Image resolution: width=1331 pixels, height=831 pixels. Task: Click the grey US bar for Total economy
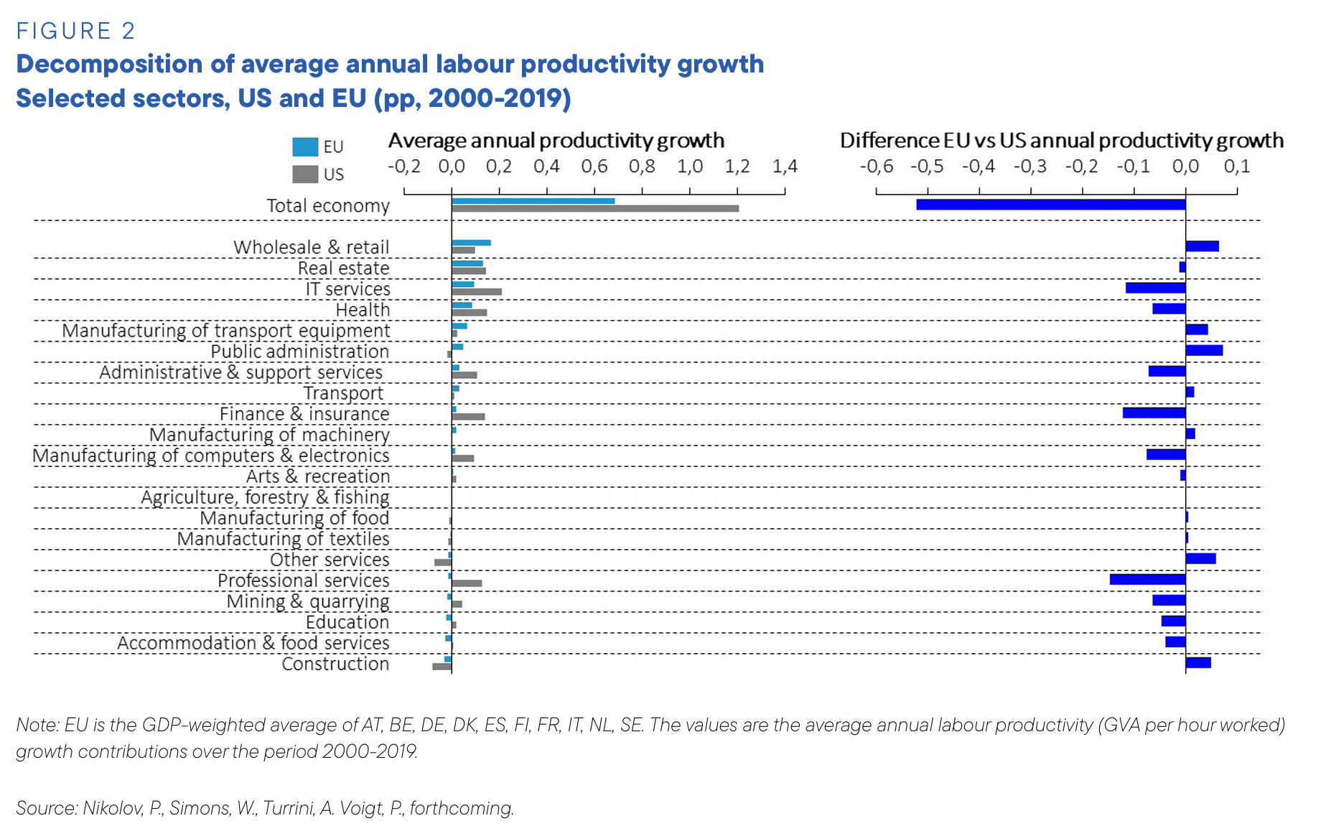(x=594, y=209)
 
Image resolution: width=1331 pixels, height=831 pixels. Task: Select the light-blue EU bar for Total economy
(x=533, y=201)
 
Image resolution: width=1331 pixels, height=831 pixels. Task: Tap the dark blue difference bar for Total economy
(x=1050, y=205)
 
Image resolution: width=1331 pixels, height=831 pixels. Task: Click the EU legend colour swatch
(x=305, y=147)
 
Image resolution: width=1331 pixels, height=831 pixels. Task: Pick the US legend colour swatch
(x=305, y=174)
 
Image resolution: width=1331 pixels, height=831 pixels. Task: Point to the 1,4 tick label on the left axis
(x=785, y=166)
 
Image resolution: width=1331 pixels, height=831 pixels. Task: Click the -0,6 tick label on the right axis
(x=876, y=166)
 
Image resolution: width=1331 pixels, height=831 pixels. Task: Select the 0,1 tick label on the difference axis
(x=1236, y=166)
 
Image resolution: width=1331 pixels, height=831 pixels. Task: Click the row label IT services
(x=347, y=288)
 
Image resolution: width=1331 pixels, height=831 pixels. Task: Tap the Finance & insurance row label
(x=304, y=414)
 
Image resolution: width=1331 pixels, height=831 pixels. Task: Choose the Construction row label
(x=335, y=664)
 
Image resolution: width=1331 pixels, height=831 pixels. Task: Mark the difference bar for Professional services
(x=1147, y=579)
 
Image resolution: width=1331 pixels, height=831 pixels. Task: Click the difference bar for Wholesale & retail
(x=1202, y=246)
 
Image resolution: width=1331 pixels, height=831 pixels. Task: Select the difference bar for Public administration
(x=1204, y=350)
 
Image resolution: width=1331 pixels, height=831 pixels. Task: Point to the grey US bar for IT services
(x=477, y=292)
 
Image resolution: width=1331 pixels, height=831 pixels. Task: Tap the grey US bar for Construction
(x=442, y=667)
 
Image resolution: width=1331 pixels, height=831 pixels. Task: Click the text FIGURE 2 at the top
(x=75, y=31)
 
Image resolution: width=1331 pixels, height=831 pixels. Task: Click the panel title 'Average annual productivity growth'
(x=556, y=140)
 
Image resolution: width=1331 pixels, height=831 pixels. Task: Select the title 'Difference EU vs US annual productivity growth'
(x=1062, y=140)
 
